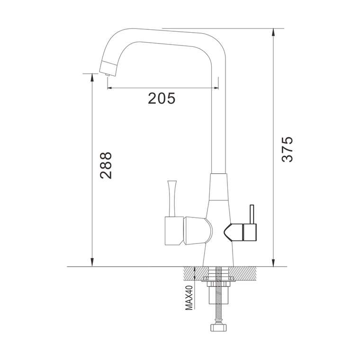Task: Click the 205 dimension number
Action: tap(162, 99)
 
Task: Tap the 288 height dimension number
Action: tap(106, 165)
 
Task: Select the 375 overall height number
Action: tap(287, 150)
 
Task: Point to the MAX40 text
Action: tap(189, 297)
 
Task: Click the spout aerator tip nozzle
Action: tap(107, 75)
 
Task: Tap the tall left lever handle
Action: tap(172, 198)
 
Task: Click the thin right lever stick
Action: tap(252, 214)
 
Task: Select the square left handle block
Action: tap(174, 231)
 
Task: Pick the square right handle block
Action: tap(250, 233)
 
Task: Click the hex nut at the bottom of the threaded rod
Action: tap(219, 327)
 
